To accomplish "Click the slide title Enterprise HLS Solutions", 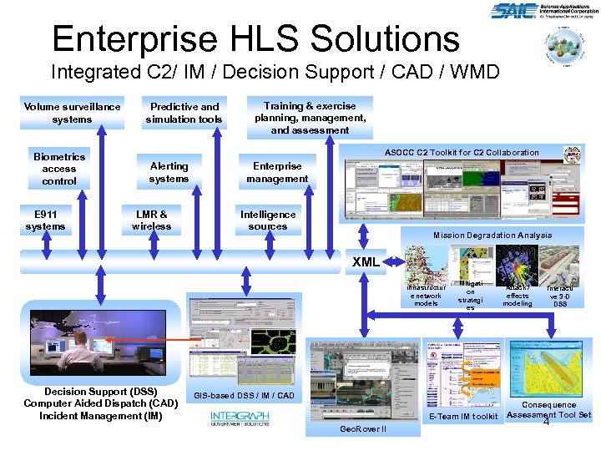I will [255, 38].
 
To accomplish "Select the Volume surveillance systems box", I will [72, 113].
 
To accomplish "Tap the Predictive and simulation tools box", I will [184, 113].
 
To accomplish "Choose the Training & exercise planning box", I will [310, 118].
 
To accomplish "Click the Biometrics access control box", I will [58, 169].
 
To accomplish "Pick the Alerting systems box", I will [169, 172].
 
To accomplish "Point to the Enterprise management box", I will [277, 172].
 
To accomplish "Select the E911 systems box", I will [45, 220].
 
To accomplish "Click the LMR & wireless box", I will [151, 220].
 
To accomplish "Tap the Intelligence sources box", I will [268, 220].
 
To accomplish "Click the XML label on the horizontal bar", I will [366, 261].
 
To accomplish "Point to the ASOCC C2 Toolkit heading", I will [462, 152].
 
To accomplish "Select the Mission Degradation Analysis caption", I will [492, 235].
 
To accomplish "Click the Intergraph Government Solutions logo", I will [240, 418].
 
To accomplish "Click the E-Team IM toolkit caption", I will [462, 416].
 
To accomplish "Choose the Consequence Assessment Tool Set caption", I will [548, 409].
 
